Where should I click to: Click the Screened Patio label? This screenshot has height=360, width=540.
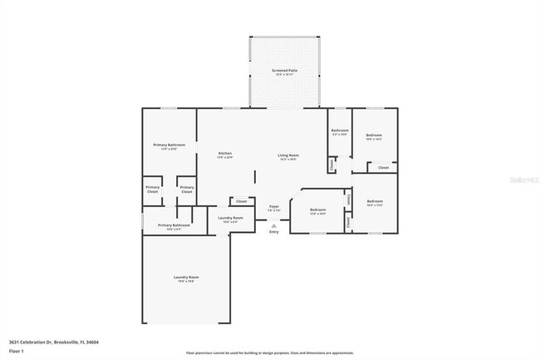pos(284,72)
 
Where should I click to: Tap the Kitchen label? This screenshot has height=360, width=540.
pos(225,154)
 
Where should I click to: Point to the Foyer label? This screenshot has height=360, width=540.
pos(273,207)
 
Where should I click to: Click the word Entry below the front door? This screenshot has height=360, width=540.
pos(273,231)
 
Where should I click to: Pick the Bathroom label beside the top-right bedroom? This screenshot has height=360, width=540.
pos(340,131)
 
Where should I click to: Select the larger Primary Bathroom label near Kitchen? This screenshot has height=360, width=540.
pos(169,145)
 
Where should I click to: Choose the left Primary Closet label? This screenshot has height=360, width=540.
pos(153,189)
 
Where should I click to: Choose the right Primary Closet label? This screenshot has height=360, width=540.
pos(187,189)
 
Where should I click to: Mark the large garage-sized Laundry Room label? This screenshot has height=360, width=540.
pos(186,279)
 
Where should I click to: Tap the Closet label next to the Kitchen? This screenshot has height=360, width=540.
pos(241,201)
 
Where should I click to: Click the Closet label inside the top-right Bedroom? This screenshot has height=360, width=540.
pos(383,168)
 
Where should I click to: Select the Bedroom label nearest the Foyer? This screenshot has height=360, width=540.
pos(317,210)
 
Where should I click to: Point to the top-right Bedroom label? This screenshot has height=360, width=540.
pos(374,136)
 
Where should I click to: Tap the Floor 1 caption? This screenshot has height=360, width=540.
pos(17,352)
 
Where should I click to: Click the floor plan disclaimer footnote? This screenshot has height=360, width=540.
pos(270,353)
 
